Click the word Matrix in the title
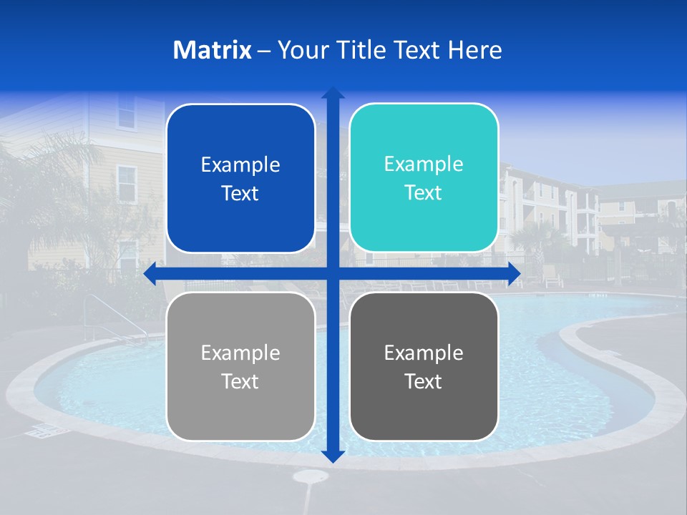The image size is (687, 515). tap(213, 50)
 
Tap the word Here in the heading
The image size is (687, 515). tap(475, 50)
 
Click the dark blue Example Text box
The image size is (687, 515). tap(240, 178)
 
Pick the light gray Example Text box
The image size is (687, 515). tap(240, 366)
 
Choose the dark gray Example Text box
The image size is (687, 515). tap(424, 366)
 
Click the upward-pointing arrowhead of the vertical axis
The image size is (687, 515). tap(333, 93)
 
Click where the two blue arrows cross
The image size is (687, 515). tap(333, 274)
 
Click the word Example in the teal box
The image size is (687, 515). tap(424, 164)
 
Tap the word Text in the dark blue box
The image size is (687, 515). tap(240, 193)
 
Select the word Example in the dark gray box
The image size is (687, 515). tap(424, 353)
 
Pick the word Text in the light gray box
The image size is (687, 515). tap(240, 381)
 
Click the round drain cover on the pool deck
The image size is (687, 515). tap(311, 476)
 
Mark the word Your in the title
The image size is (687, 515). tap(299, 50)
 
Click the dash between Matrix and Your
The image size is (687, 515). tap(264, 50)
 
